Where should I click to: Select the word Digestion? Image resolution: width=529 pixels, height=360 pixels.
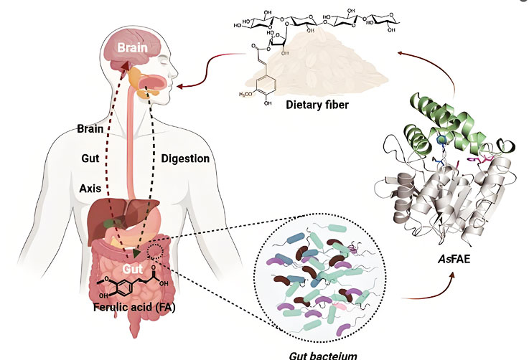184,158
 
